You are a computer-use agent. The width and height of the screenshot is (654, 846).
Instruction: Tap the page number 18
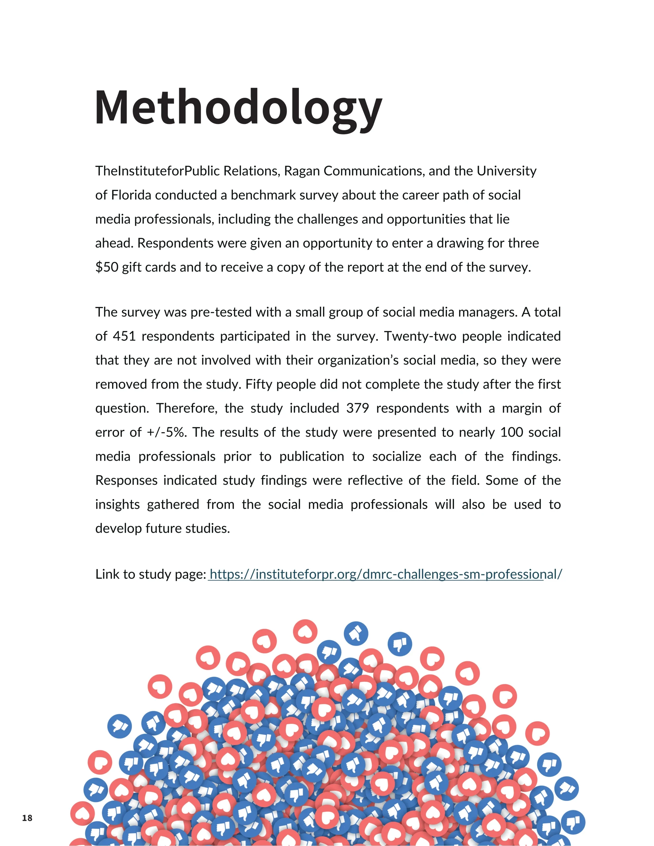[27, 818]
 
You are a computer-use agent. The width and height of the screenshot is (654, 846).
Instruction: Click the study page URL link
[385, 574]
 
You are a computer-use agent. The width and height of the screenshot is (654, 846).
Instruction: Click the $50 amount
[106, 267]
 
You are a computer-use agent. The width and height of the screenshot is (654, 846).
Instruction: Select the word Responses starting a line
[126, 480]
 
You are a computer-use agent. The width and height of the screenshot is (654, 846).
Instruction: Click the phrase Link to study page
[150, 574]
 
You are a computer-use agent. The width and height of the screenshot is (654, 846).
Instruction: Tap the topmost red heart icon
[305, 632]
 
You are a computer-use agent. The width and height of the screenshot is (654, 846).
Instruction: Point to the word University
[506, 171]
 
